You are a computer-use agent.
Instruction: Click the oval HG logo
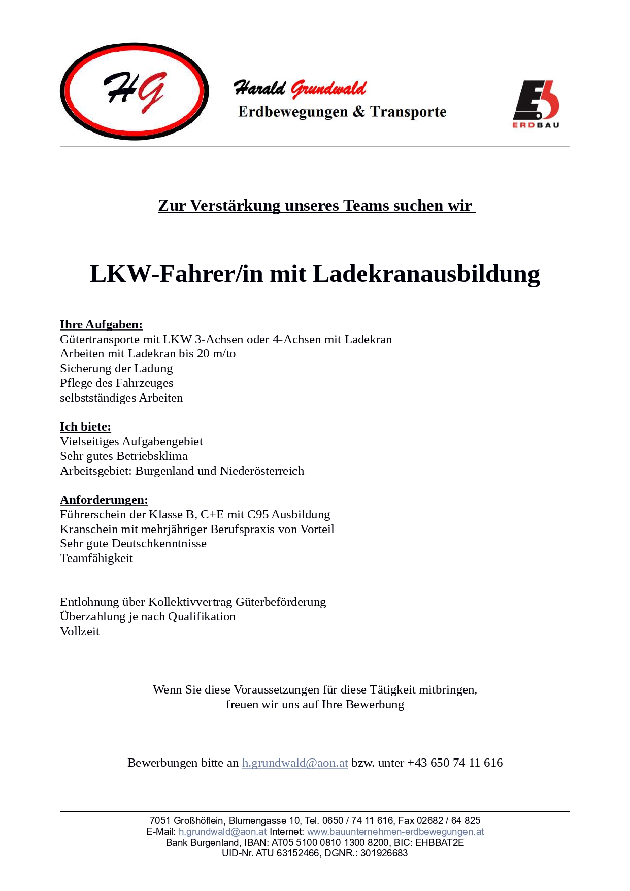pos(135,91)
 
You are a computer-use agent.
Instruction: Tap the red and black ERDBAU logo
pos(536,104)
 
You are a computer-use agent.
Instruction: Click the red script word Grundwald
pos(328,89)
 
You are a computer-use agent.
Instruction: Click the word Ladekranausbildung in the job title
pos(426,274)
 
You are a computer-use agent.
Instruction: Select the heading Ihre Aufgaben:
pos(101,324)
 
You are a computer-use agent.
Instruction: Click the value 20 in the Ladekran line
pos(203,353)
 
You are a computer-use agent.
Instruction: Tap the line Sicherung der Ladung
pos(116,368)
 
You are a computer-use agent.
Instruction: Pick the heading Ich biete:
pos(85,426)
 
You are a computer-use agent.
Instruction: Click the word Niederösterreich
pos(262,471)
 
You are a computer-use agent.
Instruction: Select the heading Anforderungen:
pos(104,500)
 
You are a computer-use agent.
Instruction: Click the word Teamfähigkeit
pos(96,558)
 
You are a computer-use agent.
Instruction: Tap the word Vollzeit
pos(80,631)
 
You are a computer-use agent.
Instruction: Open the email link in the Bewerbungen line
pos(295,763)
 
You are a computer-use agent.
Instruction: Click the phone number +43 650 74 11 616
pos(455,763)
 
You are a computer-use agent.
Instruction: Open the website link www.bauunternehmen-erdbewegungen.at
pos(395,832)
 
